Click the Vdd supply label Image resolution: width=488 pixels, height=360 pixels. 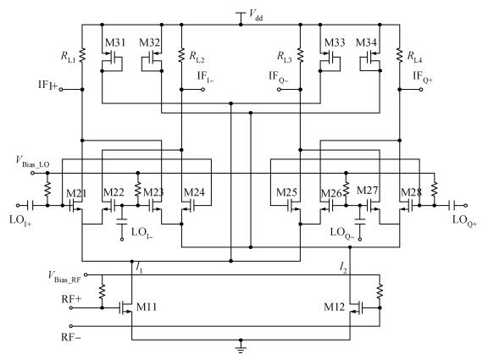coord(256,15)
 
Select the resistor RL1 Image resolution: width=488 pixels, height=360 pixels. coord(82,55)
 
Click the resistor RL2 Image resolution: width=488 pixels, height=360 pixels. coord(181,55)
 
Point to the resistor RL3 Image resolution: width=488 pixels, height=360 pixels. coord(300,55)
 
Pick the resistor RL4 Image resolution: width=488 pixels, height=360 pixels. coord(400,55)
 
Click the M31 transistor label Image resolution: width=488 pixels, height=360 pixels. coord(115,42)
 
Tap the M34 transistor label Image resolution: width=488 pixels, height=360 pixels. coord(366,42)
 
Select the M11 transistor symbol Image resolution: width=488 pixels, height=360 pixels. coord(126,307)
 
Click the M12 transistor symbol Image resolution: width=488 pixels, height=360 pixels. coord(356,307)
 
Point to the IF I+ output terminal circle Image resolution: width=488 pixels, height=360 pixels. coord(61,90)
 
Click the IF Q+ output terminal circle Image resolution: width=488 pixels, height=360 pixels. coord(421,90)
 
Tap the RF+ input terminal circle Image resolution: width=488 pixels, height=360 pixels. coord(71,307)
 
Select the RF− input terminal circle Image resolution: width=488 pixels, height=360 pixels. coord(71,326)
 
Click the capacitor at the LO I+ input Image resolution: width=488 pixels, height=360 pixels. coord(30,205)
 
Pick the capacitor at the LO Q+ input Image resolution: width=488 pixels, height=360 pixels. coord(452,205)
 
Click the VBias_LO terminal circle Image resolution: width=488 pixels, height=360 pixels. coord(32,173)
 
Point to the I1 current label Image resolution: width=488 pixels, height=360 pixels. coord(139,268)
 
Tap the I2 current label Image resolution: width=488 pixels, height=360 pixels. coord(343,268)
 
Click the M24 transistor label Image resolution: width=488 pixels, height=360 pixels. coord(194,192)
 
